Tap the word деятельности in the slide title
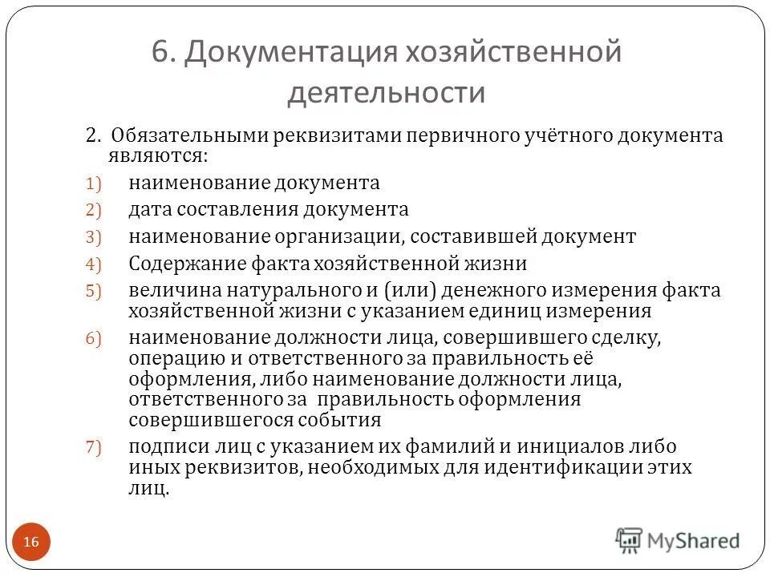(x=387, y=93)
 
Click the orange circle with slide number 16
(x=31, y=543)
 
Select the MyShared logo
(x=678, y=540)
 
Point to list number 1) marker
(x=95, y=184)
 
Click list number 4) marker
(x=95, y=264)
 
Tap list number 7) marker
(x=95, y=448)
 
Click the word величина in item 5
(x=165, y=290)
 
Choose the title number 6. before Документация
(x=163, y=53)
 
